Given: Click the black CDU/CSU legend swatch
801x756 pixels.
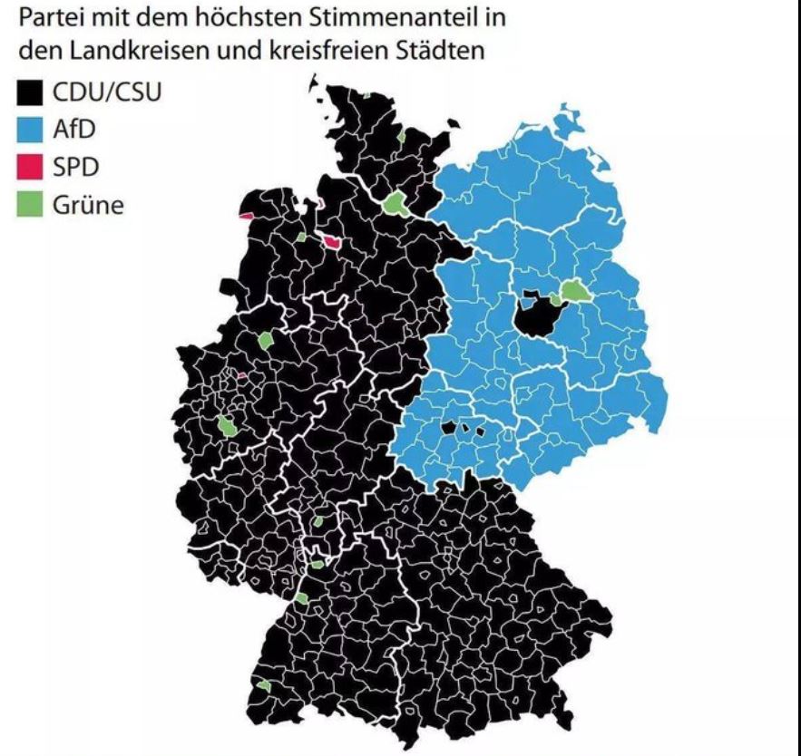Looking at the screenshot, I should [x=32, y=93].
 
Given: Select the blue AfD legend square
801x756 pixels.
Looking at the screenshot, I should [x=32, y=131].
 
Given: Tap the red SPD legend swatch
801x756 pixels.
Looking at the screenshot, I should [x=32, y=168].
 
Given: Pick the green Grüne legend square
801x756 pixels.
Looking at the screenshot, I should [x=32, y=205].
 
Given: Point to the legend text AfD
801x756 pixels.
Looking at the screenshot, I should [x=75, y=131].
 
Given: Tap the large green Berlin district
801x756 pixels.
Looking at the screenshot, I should [x=574, y=290].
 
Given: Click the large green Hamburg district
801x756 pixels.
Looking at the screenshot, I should [x=396, y=203].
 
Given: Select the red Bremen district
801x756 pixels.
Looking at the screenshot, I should [x=332, y=242].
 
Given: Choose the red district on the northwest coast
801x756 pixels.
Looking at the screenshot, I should [x=247, y=215].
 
